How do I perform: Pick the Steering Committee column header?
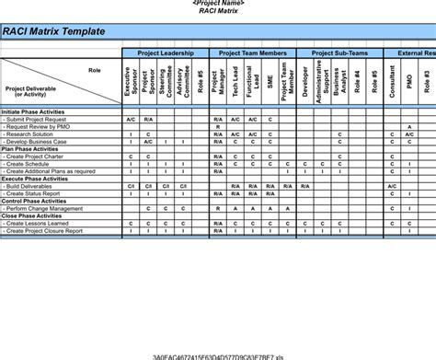(x=166, y=84)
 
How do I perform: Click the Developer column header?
(x=305, y=84)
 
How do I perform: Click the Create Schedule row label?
(x=31, y=164)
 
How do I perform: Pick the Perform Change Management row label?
(x=46, y=208)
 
